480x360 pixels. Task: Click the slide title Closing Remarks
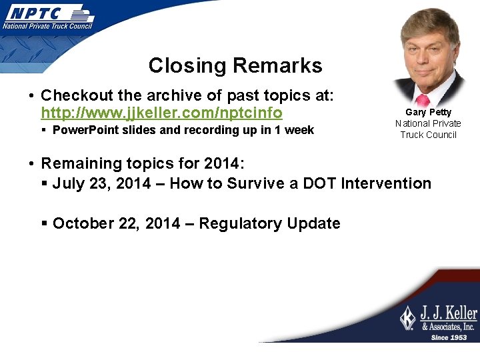235,65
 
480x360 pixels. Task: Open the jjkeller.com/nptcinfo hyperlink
161,113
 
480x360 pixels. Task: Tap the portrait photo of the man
428,57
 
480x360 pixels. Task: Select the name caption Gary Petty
428,112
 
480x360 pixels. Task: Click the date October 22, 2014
116,223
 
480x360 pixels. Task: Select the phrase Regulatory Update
269,223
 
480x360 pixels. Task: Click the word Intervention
386,183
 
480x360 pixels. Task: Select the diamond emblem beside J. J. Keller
407,318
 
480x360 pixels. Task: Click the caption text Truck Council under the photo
428,135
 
